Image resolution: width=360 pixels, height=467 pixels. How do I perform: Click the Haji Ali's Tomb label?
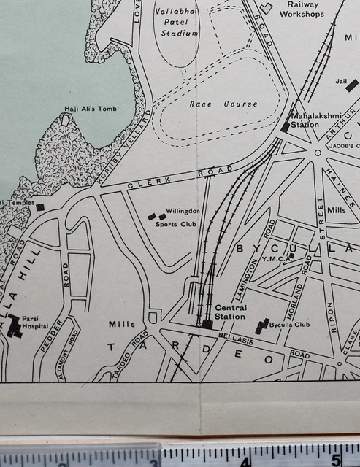point(91,109)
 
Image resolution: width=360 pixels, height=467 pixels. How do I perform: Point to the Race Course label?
point(223,104)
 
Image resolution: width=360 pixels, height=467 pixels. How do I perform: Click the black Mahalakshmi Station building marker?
point(286,127)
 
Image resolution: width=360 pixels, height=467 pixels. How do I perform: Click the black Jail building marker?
point(352,85)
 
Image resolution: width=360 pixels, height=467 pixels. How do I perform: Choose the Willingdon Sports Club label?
point(177,217)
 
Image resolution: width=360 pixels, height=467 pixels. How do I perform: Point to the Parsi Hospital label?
point(35,323)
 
